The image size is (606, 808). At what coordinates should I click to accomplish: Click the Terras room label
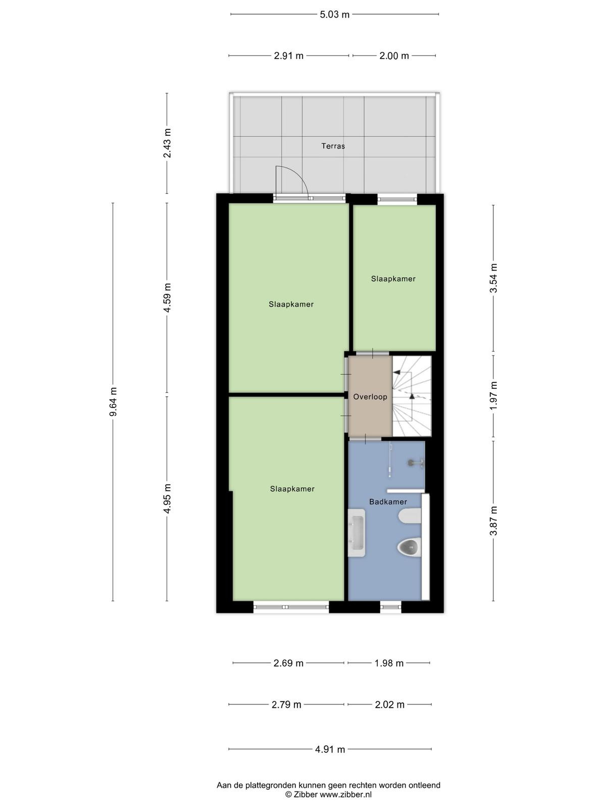pyautogui.click(x=333, y=146)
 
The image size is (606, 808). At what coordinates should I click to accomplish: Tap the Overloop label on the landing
pyautogui.click(x=370, y=397)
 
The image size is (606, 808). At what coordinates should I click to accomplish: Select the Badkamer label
pyautogui.click(x=388, y=501)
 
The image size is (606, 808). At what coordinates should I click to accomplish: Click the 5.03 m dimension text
pyautogui.click(x=334, y=15)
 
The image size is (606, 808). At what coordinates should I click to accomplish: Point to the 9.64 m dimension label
pyautogui.click(x=113, y=401)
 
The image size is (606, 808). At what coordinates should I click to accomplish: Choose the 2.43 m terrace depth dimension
pyautogui.click(x=167, y=143)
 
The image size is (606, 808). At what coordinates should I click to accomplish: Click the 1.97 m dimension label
pyautogui.click(x=493, y=396)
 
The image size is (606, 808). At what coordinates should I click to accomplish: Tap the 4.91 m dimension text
pyautogui.click(x=330, y=749)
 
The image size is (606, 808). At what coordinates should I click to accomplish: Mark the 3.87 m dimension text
pyautogui.click(x=493, y=521)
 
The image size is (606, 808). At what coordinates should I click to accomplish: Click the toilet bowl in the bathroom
pyautogui.click(x=409, y=547)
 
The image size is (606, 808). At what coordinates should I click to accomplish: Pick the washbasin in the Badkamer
pyautogui.click(x=356, y=533)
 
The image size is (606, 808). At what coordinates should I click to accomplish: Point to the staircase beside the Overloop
pyautogui.click(x=412, y=396)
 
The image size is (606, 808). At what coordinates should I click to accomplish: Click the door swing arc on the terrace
pyautogui.click(x=298, y=177)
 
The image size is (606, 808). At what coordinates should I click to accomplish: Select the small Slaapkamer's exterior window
pyautogui.click(x=397, y=199)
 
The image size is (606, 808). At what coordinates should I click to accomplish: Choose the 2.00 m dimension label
pyautogui.click(x=394, y=56)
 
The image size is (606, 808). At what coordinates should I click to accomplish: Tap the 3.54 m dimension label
pyautogui.click(x=493, y=278)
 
